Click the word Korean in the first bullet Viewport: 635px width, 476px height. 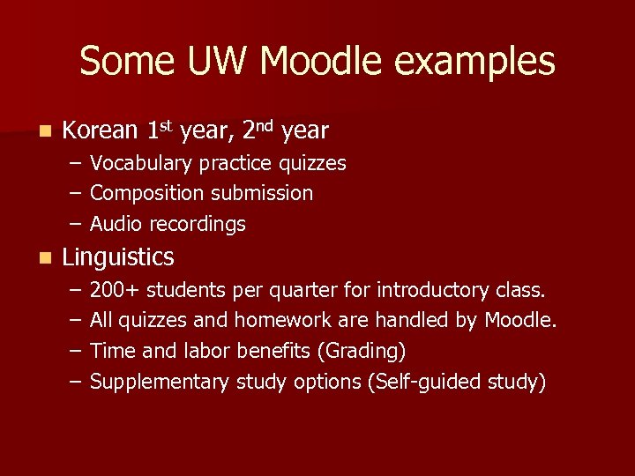101,131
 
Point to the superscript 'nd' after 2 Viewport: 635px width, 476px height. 268,125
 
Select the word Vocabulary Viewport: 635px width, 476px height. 141,164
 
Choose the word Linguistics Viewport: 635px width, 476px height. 118,257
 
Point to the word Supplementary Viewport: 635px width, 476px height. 160,382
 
